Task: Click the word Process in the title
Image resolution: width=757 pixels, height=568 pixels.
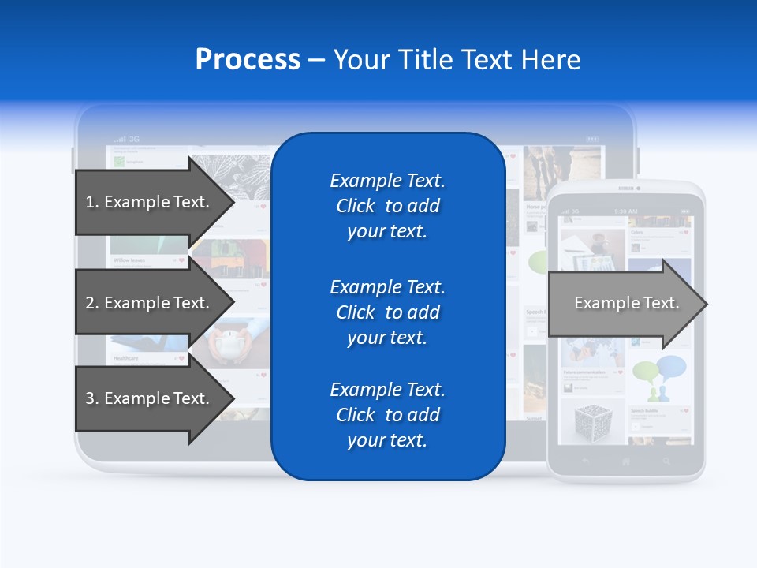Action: [248, 60]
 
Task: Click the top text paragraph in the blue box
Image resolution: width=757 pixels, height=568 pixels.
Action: [387, 206]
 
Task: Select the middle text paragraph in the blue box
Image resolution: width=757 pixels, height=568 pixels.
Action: [387, 312]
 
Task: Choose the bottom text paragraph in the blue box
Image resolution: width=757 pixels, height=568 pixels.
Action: [387, 415]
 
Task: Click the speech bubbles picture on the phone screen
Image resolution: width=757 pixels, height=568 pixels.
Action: [659, 376]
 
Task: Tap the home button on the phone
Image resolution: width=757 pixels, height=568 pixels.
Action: [626, 461]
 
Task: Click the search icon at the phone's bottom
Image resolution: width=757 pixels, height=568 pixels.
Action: [667, 461]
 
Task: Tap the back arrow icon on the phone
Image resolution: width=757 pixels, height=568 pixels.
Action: [585, 461]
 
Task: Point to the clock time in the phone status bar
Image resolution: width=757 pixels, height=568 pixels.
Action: [626, 211]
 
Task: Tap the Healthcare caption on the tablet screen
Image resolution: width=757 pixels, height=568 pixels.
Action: [126, 358]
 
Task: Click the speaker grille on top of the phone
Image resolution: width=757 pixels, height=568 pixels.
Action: [626, 189]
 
